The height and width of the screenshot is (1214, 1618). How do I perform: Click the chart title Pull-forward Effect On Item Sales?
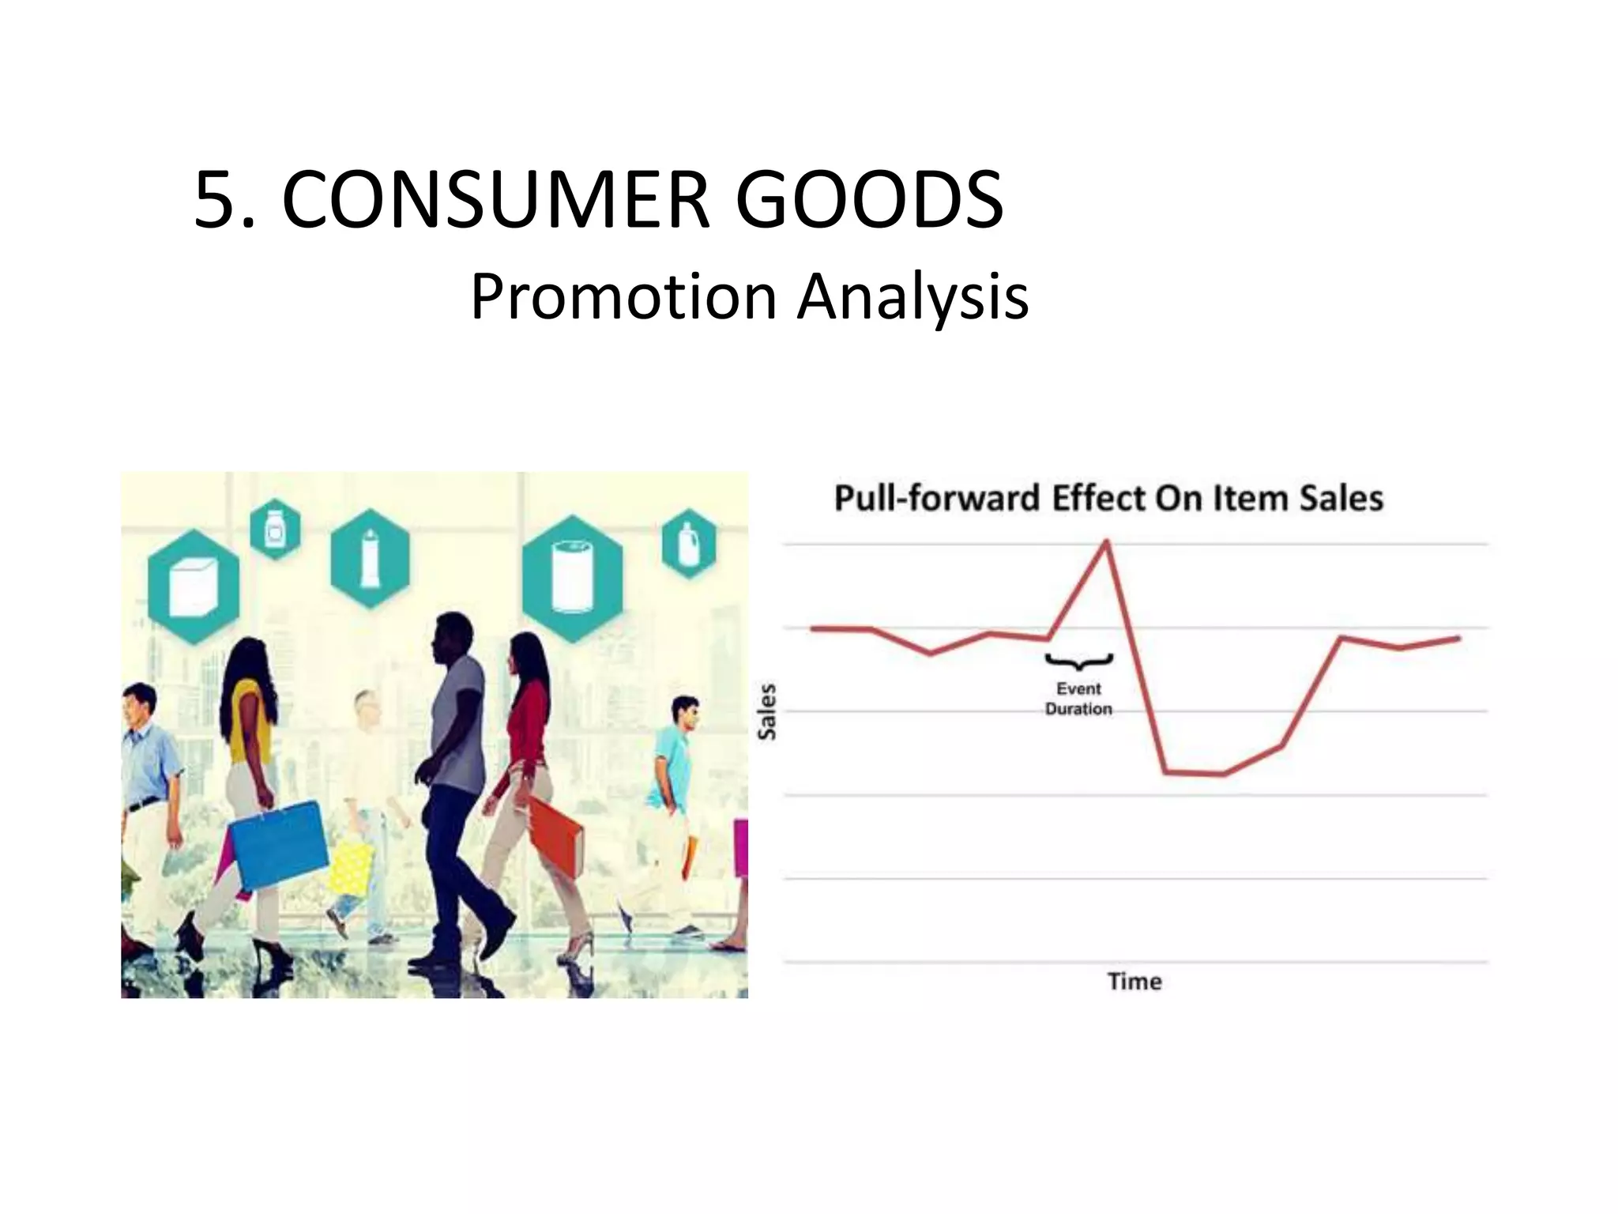pos(1108,499)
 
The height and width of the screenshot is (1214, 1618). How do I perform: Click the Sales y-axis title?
pos(766,711)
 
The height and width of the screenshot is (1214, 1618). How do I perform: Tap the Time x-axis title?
pos(1134,982)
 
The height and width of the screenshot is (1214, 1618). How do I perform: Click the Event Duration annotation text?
pos(1078,699)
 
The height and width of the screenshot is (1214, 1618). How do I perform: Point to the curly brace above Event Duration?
pos(1078,661)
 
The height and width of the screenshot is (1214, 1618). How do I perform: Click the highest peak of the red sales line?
pos(1105,541)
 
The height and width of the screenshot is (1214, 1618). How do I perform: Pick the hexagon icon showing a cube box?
pos(194,586)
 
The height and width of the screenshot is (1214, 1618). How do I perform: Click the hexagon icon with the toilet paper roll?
pos(572,575)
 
